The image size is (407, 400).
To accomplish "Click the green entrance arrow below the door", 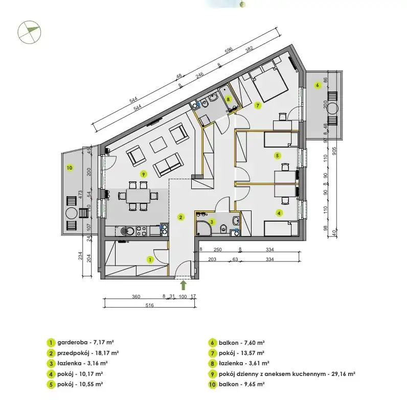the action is pos(184,285).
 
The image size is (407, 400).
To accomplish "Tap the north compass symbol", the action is pos(29,32).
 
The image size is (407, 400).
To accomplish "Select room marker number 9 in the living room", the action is pos(143,174).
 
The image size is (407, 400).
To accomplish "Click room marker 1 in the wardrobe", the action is pos(150,260).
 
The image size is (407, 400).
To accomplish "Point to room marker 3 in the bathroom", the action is pos(212,222).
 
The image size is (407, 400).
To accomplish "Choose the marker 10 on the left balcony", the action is pos(70,168).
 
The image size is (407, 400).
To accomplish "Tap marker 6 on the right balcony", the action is pos(317,85).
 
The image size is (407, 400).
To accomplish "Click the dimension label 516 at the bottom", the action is pos(149,305).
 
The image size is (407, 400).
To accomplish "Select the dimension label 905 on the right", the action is pos(334,152).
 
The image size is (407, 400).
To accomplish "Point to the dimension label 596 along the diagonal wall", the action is pos(229,51).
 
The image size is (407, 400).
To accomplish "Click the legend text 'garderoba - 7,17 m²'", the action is pos(86,342).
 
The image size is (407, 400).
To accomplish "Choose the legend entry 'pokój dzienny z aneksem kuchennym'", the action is pos(272,374).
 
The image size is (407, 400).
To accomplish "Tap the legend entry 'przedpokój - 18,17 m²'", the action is pos(88,353).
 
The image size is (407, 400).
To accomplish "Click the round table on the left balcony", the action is pos(72,213).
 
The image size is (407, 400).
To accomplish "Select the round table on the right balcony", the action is pos(332,108).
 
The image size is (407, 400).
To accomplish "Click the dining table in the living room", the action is pos(138,196).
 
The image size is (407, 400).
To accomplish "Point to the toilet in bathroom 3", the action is pos(223,228).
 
